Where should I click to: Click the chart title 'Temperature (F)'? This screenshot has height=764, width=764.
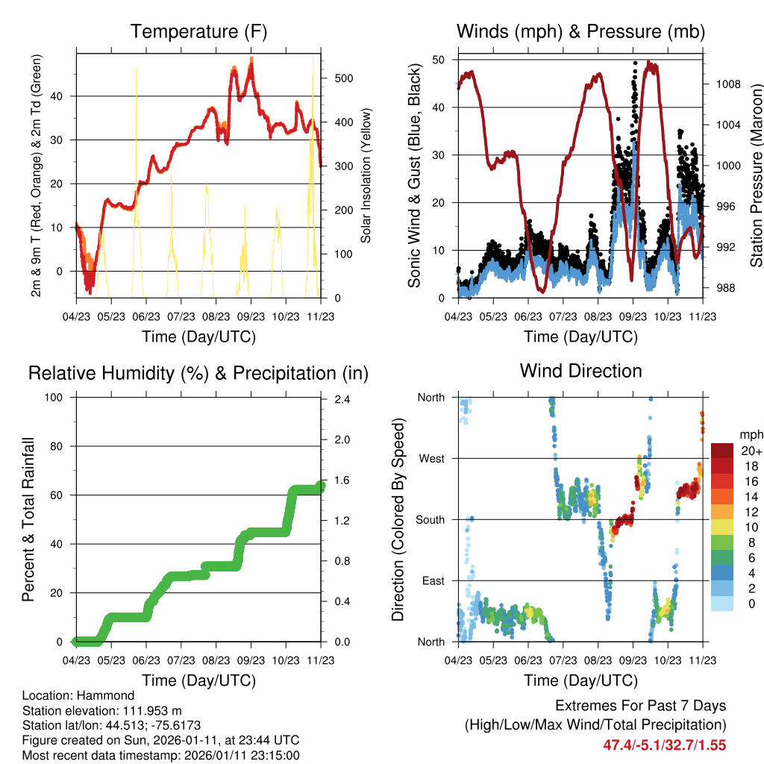[198, 31]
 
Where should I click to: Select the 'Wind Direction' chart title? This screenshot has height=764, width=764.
[580, 371]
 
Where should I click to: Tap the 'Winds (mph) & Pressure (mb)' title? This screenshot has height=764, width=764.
[580, 31]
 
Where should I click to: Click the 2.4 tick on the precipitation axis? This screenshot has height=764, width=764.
[342, 399]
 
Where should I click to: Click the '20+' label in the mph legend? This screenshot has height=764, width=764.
[751, 451]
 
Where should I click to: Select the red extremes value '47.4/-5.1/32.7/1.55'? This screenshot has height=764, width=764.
[664, 745]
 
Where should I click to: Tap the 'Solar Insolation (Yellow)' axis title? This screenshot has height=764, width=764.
[366, 175]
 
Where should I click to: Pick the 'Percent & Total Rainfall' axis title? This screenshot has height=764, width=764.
[28, 509]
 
